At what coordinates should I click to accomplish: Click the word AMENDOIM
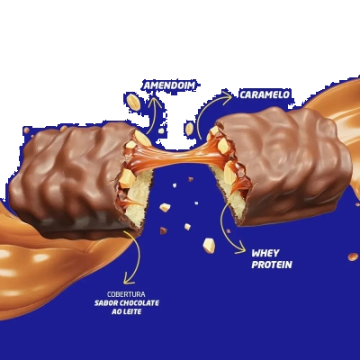pyautogui.click(x=169, y=85)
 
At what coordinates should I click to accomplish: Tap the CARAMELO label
pyautogui.click(x=265, y=94)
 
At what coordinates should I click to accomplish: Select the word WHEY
pyautogui.click(x=265, y=254)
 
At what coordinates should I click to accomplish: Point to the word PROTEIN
pyautogui.click(x=272, y=265)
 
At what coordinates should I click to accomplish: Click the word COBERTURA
pyautogui.click(x=126, y=294)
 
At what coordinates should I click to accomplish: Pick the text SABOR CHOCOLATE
pyautogui.click(x=127, y=303)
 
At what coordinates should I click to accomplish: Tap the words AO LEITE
pyautogui.click(x=126, y=311)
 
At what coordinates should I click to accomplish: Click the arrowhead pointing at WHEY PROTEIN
pyautogui.click(x=242, y=250)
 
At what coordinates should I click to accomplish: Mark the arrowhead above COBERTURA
pyautogui.click(x=129, y=281)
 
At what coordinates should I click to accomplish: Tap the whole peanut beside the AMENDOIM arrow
pyautogui.click(x=133, y=102)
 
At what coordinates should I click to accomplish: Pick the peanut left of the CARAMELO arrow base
pyautogui.click(x=189, y=129)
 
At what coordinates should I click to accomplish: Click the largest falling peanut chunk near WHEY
pyautogui.click(x=209, y=246)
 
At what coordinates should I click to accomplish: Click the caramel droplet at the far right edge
pyautogui.click(x=353, y=256)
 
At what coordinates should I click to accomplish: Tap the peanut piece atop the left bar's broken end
pyautogui.click(x=142, y=138)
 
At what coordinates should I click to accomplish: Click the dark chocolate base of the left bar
pyautogui.click(x=81, y=227)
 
